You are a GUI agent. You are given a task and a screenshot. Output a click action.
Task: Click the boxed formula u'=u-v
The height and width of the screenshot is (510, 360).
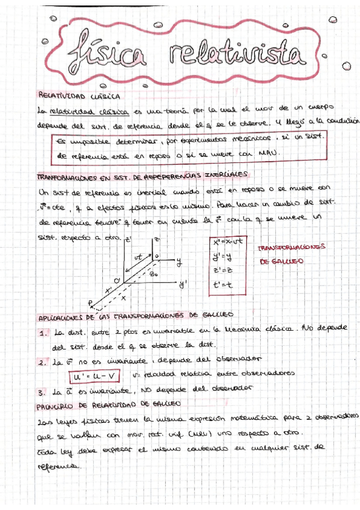click(94, 376)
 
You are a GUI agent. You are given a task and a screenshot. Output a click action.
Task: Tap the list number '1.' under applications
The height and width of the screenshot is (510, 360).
click(43, 333)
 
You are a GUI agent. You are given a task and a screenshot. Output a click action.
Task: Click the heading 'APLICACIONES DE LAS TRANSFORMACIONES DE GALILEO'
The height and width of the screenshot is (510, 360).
click(135, 315)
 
